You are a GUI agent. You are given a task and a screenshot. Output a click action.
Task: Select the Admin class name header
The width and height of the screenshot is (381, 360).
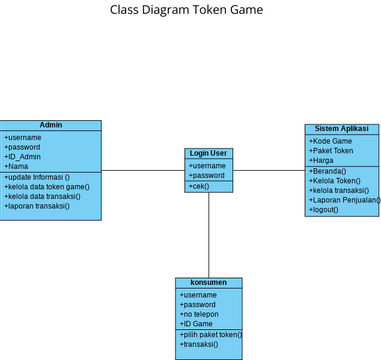pyautogui.click(x=50, y=126)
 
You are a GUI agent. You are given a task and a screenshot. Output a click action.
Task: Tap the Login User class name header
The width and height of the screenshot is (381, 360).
pyautogui.click(x=209, y=154)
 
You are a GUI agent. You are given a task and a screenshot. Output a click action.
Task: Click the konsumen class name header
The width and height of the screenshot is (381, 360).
pyautogui.click(x=208, y=283)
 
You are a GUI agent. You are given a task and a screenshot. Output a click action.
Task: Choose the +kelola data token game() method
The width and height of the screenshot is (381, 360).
pyautogui.click(x=46, y=187)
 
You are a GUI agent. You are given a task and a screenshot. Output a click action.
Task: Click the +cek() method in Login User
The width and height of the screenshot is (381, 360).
pyautogui.click(x=199, y=186)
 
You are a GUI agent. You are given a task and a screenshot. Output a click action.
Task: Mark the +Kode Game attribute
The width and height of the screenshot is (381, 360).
pyautogui.click(x=331, y=141)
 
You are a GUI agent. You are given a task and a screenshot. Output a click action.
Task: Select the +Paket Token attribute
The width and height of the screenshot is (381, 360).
pyautogui.click(x=331, y=151)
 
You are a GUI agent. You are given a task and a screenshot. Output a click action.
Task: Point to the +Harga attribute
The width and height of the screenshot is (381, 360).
pyautogui.click(x=321, y=160)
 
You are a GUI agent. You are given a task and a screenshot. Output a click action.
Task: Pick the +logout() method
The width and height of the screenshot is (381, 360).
pyautogui.click(x=324, y=210)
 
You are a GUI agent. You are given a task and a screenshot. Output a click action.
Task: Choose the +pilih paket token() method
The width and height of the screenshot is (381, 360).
pyautogui.click(x=210, y=335)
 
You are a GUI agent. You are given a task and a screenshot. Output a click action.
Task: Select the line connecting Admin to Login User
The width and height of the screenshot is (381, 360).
pyautogui.click(x=143, y=170)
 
